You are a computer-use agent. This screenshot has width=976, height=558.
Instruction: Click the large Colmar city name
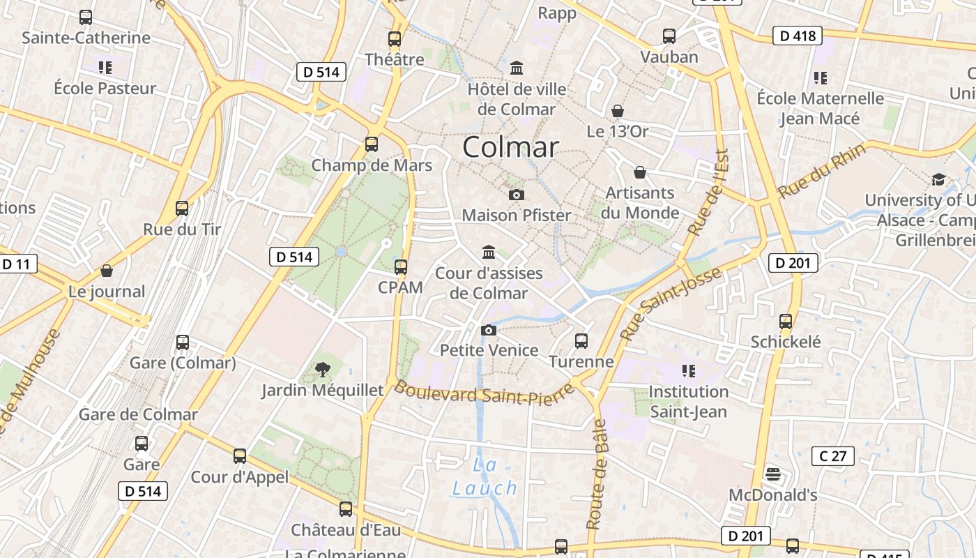(x=510, y=147)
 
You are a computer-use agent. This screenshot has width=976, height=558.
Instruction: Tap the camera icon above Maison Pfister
(x=517, y=195)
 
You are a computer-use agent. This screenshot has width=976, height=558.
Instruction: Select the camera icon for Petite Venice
(x=489, y=330)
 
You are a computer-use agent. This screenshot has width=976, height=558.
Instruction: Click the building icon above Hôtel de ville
(x=517, y=68)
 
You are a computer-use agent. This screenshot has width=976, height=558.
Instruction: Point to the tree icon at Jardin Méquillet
(x=322, y=369)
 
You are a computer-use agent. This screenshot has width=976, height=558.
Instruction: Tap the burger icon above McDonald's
(x=772, y=474)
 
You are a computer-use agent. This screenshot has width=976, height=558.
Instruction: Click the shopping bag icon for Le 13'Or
(x=617, y=111)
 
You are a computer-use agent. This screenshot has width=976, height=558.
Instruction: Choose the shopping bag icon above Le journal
(x=107, y=271)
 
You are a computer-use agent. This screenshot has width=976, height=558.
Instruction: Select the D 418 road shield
(x=798, y=36)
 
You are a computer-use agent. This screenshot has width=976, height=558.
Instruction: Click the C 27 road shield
(x=833, y=456)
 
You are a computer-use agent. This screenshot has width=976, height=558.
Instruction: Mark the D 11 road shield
(x=17, y=264)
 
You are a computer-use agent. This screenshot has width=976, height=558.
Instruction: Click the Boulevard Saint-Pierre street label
(x=484, y=393)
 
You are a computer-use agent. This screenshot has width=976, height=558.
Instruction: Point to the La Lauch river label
(x=485, y=476)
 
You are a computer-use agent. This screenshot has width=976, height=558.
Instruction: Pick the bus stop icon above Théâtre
(x=395, y=39)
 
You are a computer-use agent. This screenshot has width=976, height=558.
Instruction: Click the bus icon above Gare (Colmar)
(x=183, y=342)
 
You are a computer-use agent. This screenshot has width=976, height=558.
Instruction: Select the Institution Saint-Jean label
(x=689, y=401)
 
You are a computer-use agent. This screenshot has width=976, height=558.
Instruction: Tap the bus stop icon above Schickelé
(x=786, y=322)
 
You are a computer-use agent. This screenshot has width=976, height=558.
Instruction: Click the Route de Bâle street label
(x=597, y=474)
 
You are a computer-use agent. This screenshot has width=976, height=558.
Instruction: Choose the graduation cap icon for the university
(x=938, y=180)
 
